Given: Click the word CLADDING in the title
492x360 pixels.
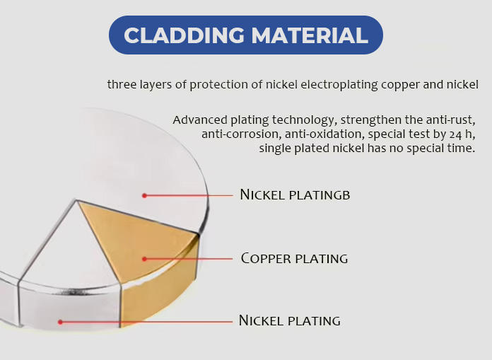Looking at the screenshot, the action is click(x=184, y=35).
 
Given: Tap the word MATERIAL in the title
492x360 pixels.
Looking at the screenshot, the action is click(x=310, y=35).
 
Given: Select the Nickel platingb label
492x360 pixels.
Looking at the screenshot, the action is click(x=295, y=194).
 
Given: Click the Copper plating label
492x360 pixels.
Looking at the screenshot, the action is click(x=294, y=259).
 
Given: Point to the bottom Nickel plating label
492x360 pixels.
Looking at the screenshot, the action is click(x=290, y=320).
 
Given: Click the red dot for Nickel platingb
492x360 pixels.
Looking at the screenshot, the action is click(x=144, y=195).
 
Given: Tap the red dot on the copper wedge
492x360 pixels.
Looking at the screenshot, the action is click(x=144, y=259).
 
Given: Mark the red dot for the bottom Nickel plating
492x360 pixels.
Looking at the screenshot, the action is click(x=60, y=322).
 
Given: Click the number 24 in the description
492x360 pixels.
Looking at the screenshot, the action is click(x=455, y=134).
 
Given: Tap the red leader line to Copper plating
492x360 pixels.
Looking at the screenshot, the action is click(x=188, y=259).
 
